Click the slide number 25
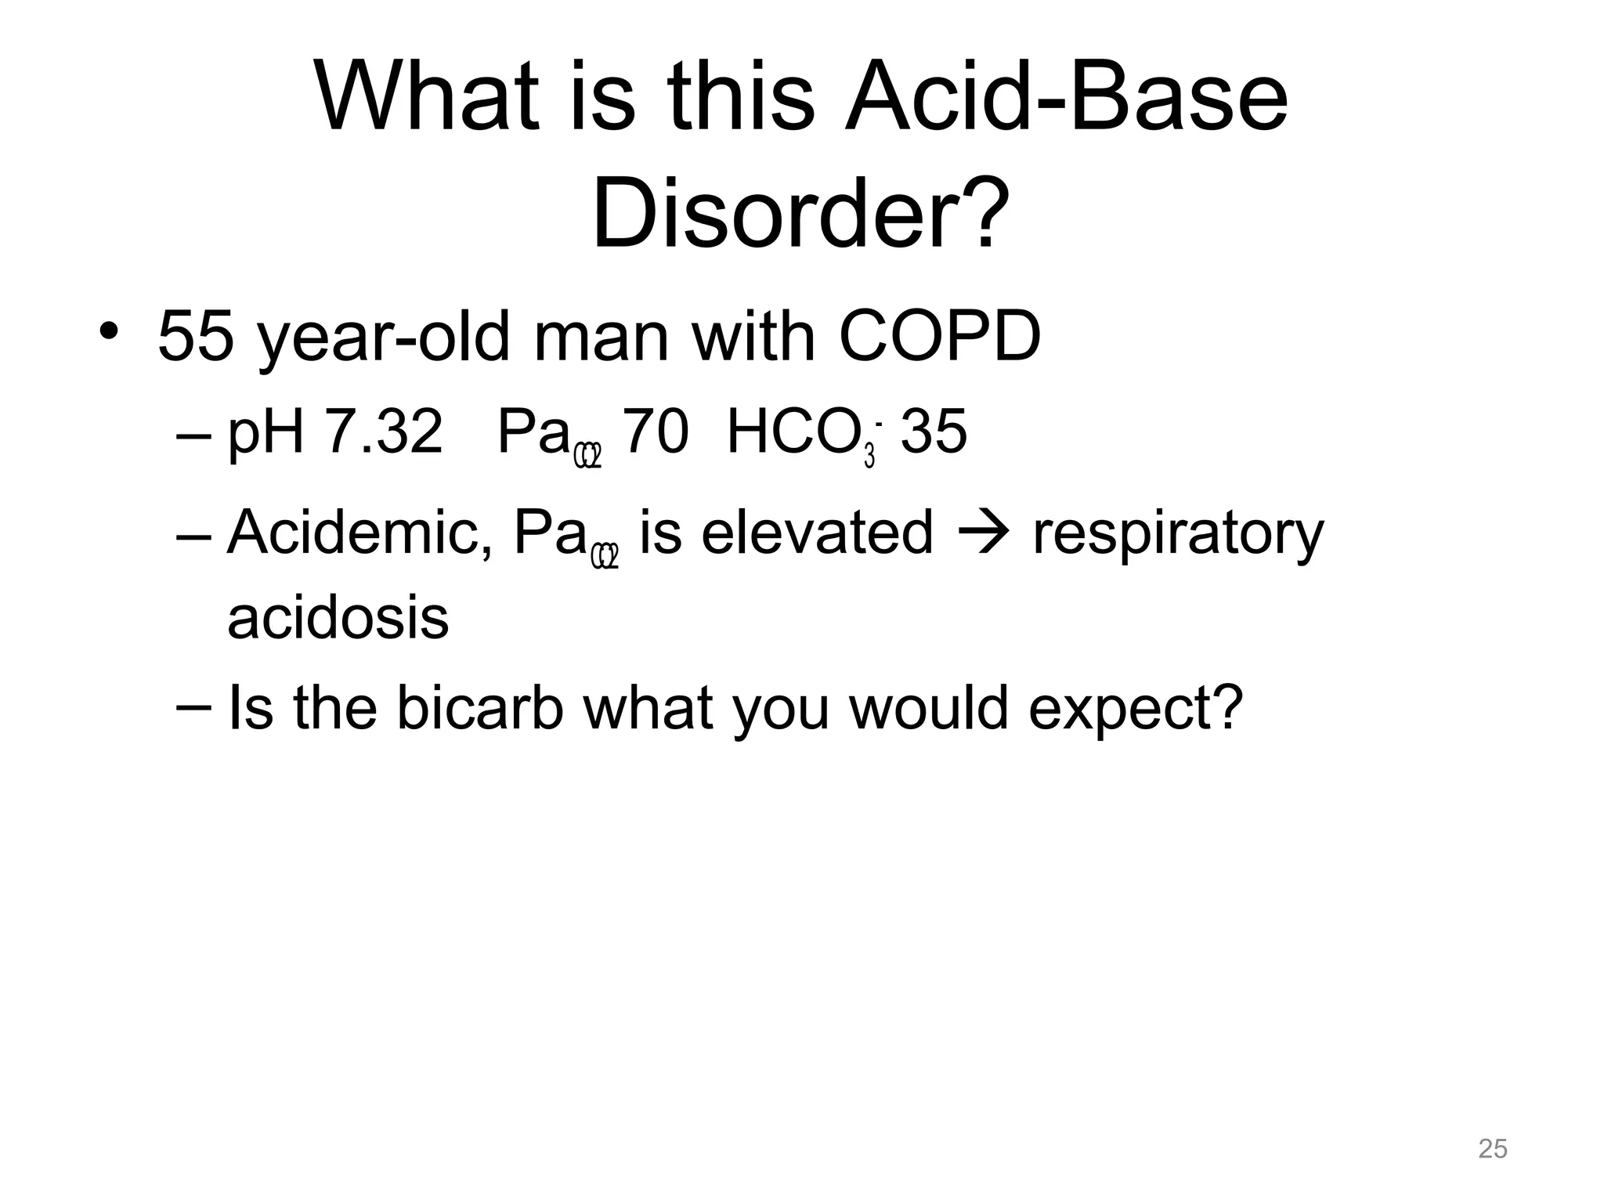point(1492,1149)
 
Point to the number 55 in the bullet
point(196,337)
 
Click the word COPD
point(939,337)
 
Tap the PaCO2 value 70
point(656,432)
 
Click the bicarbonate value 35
point(934,432)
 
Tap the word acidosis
point(338,619)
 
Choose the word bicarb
point(479,708)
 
